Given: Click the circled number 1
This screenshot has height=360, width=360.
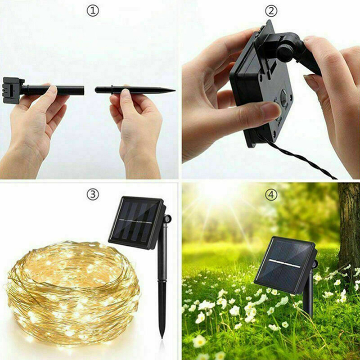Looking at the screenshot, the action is [x=93, y=11].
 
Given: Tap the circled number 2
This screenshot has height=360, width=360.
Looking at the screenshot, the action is [x=271, y=11].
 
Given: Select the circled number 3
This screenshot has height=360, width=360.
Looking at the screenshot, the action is [x=93, y=194].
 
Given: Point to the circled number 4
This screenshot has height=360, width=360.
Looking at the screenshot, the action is [x=271, y=195].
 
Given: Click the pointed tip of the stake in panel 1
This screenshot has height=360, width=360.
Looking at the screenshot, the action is [x=175, y=90].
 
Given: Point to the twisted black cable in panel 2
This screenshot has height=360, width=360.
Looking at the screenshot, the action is [x=296, y=156].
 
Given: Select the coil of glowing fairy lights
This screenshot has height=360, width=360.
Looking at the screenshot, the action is [x=72, y=291].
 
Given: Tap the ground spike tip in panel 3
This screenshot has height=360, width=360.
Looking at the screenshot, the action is [x=162, y=337].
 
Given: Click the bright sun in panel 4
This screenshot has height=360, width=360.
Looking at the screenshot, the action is [x=218, y=191].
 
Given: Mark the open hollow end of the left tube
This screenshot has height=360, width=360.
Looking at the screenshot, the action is [x=83, y=90].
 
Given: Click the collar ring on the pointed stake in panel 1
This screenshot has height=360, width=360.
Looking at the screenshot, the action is [x=112, y=90].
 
